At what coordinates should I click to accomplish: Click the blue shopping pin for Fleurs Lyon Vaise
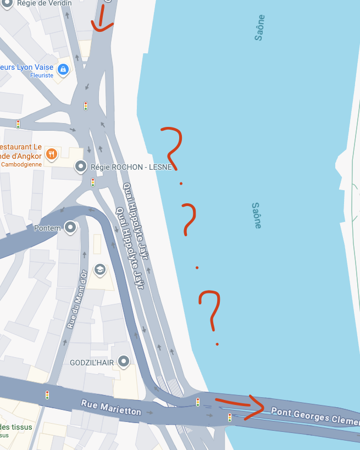click(x=63, y=69)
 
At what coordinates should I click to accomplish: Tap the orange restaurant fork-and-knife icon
click(x=52, y=154)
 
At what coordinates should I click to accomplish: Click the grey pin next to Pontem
click(x=70, y=226)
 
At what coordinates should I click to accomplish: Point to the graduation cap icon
click(x=99, y=269)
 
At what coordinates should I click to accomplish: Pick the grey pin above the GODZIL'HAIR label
click(x=124, y=360)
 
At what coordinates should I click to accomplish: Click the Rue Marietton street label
click(x=111, y=408)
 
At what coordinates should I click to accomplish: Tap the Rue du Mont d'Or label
click(x=77, y=299)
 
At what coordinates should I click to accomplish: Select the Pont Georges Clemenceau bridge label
click(x=314, y=415)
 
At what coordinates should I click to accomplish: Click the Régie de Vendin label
click(x=44, y=3)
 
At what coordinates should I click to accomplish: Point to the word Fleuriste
click(x=42, y=75)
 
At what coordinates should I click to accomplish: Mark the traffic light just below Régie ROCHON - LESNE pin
click(x=93, y=182)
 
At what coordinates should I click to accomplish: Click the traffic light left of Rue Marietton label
click(x=47, y=395)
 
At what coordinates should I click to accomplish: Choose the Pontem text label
click(x=46, y=228)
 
